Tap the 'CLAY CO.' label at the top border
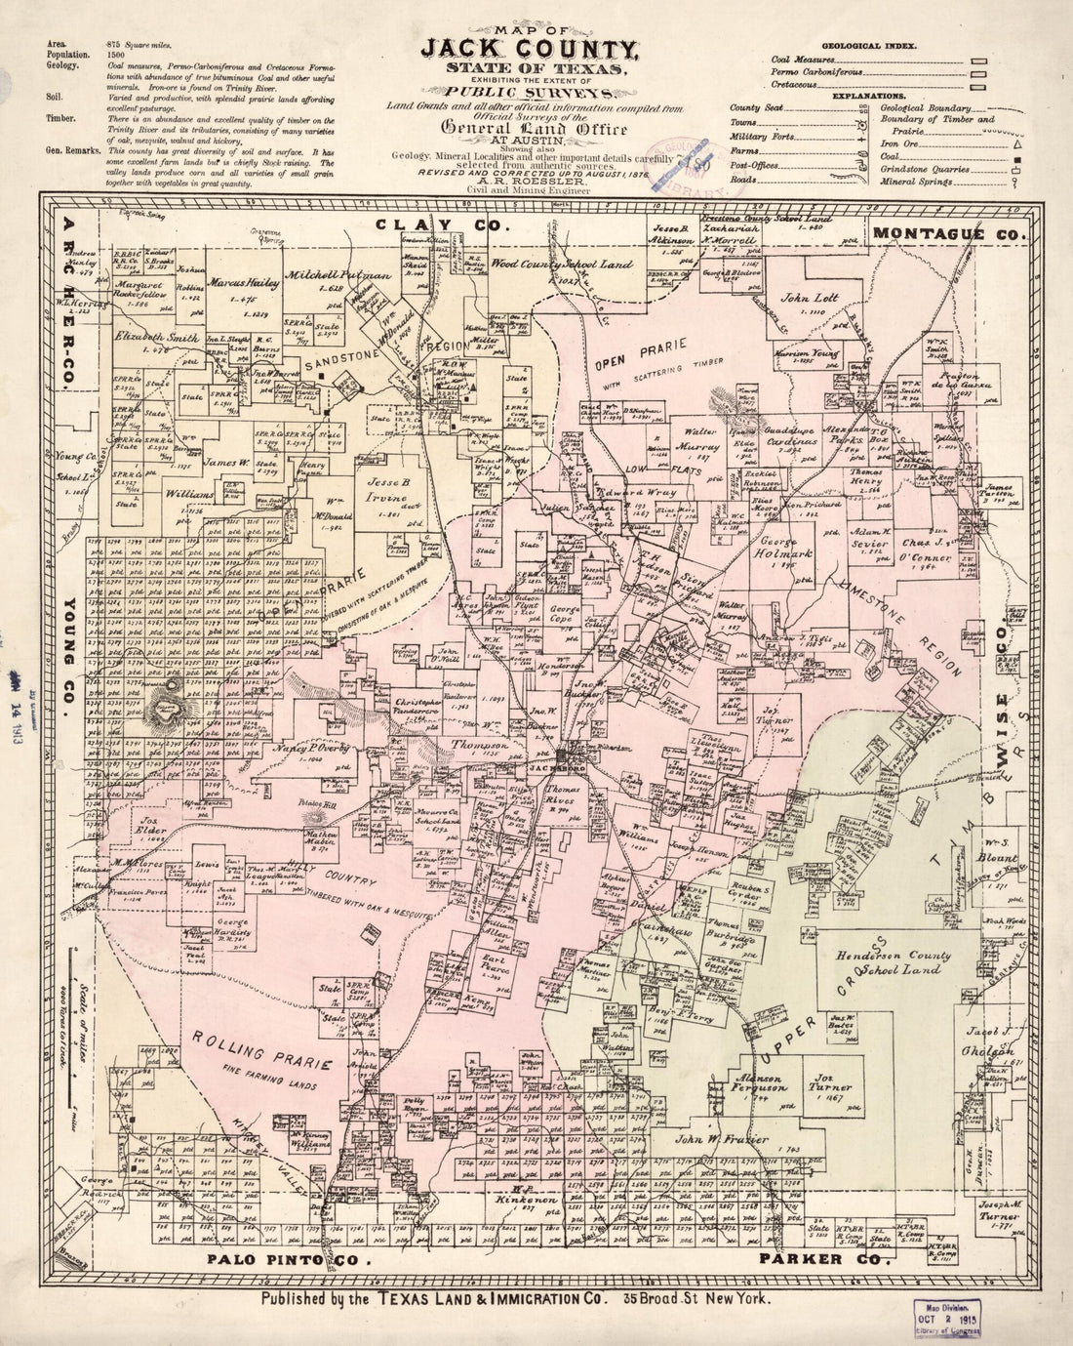click(x=440, y=224)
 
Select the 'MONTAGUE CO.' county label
click(x=947, y=234)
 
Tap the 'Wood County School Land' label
click(x=562, y=264)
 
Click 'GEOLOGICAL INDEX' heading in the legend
click(x=866, y=46)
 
